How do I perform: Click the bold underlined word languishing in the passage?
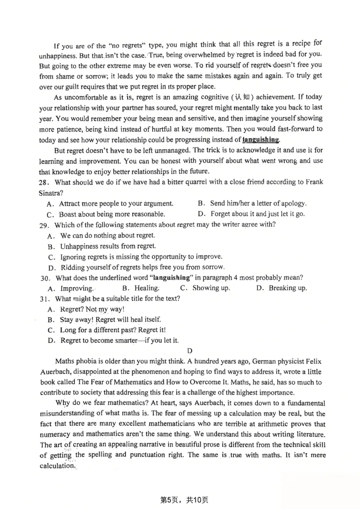261,139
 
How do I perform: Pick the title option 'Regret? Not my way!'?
92,309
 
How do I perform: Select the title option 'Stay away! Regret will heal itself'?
110,320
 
